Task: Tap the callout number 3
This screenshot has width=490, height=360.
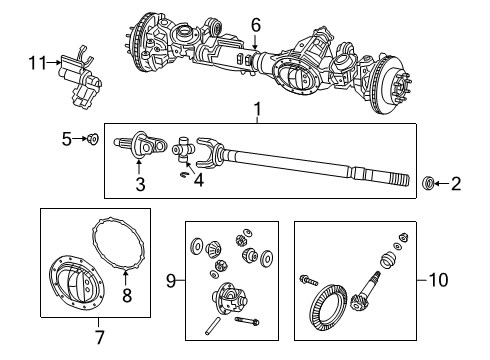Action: point(141,183)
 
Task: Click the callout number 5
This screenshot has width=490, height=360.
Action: point(66,139)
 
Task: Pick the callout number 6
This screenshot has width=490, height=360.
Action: point(255,24)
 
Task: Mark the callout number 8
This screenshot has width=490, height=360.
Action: point(126,295)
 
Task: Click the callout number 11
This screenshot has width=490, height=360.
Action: point(37,64)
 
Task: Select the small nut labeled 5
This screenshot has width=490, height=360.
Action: point(91,139)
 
